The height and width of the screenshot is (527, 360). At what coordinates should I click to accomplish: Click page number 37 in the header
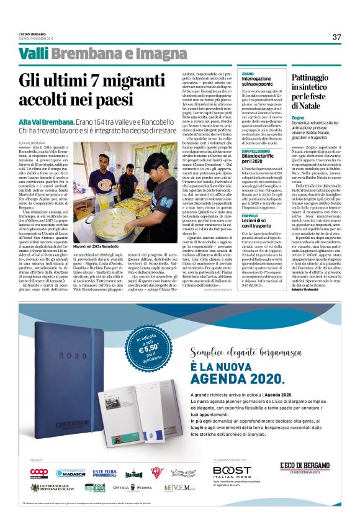pos(336,37)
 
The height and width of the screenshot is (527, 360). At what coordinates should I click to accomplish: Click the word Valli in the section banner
pos(34,54)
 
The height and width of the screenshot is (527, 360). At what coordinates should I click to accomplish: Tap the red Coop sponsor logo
pos(38,472)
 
